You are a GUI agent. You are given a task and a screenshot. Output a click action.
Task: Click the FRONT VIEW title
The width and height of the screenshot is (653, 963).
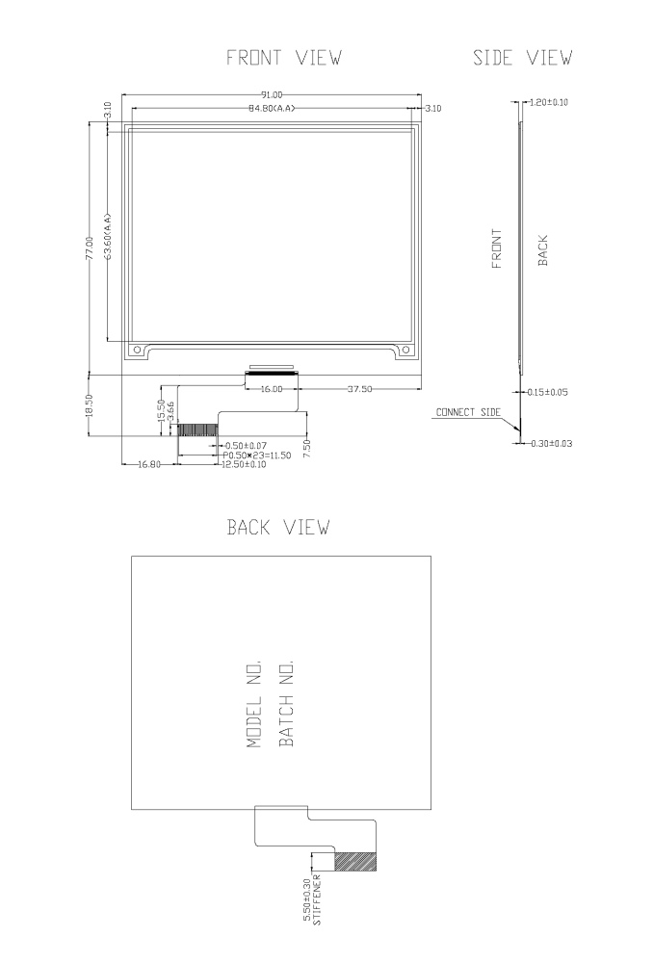pos(283,59)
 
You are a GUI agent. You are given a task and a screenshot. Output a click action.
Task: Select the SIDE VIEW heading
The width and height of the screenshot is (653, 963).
pos(523,59)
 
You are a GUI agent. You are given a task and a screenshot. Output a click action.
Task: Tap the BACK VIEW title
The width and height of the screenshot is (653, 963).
pos(278,527)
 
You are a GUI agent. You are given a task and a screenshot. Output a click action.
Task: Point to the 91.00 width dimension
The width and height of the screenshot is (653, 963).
pos(273,94)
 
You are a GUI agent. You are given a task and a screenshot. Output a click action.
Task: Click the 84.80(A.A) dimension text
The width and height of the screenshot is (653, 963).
pos(270,108)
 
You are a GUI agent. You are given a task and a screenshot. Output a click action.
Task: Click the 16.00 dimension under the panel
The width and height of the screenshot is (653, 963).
pos(270,389)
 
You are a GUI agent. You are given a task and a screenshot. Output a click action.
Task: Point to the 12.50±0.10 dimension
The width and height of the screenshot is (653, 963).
pos(244,464)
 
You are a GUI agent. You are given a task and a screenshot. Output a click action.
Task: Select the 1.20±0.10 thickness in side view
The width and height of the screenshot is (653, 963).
pos(548,102)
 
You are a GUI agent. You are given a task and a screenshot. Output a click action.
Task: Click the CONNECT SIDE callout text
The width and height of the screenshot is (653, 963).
pos(468,412)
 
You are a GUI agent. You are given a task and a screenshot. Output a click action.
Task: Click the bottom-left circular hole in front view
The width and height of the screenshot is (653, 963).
pos(137,351)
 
